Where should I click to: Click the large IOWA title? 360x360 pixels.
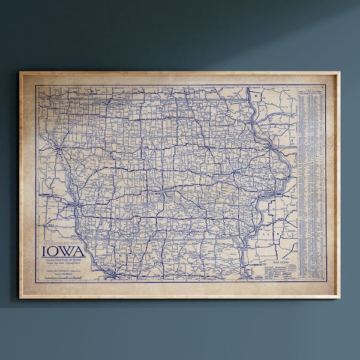[64, 250]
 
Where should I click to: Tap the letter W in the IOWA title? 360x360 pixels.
[68, 250]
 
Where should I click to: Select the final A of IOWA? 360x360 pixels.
[80, 250]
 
